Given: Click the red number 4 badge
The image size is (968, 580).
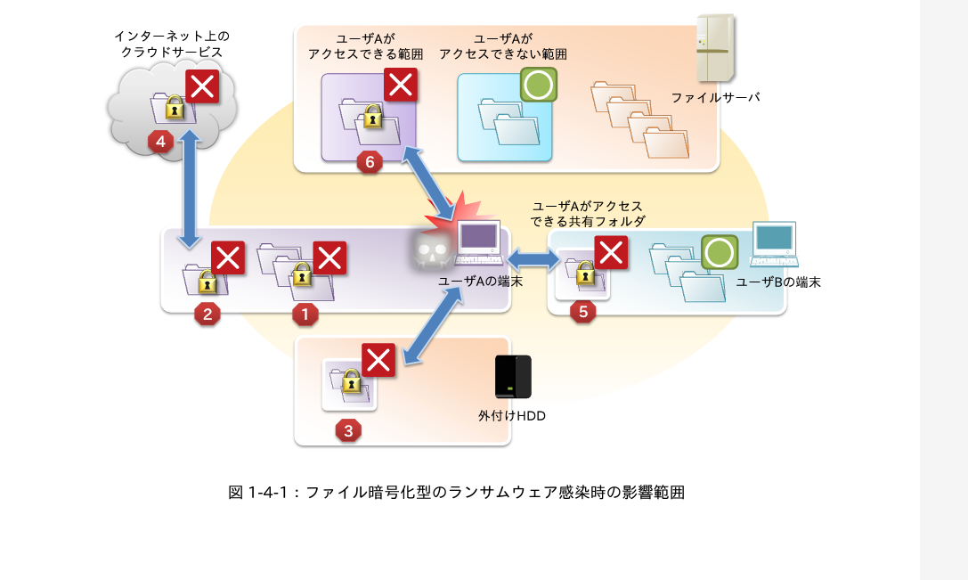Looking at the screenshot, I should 161,143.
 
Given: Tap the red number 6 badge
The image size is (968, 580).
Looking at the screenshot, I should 370,163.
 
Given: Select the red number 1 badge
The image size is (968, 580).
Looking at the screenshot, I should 305,314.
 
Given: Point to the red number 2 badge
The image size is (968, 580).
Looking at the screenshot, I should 207,314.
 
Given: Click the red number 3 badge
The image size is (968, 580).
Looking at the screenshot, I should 348,430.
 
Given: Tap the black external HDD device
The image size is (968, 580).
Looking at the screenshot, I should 513,377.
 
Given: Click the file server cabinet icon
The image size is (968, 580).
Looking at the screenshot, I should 717,48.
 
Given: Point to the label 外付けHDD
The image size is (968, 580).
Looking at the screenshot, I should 512,415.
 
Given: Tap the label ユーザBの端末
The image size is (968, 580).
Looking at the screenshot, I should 777,282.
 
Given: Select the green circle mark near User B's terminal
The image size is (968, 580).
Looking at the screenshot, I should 720,252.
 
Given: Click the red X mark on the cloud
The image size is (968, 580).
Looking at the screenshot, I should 203,87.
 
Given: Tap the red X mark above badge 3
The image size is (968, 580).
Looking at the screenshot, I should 379,361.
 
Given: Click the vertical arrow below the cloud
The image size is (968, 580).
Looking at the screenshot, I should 188,191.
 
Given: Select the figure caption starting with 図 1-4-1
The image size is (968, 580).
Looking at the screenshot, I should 456,492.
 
